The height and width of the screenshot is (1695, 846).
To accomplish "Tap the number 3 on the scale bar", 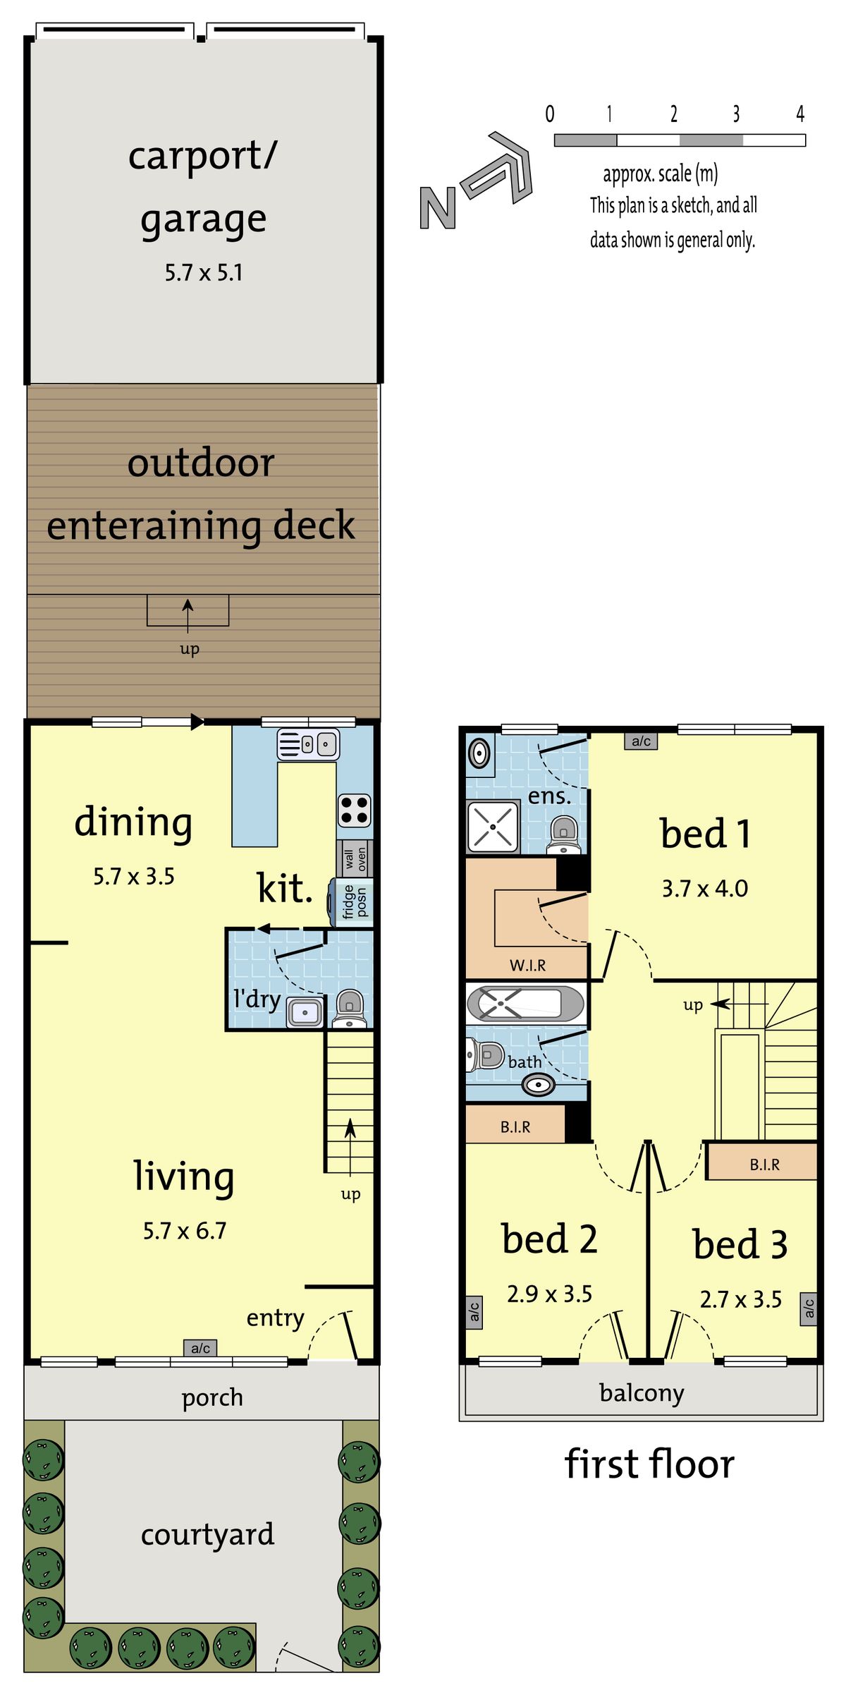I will [x=736, y=114].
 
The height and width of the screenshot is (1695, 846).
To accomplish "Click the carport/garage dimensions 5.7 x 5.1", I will [x=204, y=273].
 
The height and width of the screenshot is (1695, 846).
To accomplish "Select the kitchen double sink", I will [x=308, y=744].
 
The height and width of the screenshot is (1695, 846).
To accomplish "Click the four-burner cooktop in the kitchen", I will [x=354, y=810].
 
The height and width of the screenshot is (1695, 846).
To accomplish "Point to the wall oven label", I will [x=355, y=858].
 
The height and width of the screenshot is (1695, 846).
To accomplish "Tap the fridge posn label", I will [x=355, y=902].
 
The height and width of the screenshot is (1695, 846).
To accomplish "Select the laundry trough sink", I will [x=305, y=1012].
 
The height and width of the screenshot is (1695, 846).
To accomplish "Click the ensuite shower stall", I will [x=493, y=826].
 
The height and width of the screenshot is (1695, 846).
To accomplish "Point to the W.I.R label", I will [x=527, y=965].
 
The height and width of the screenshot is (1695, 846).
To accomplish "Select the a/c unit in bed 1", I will [x=641, y=741].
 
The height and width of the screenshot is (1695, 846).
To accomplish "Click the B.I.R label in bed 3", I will [x=764, y=1165].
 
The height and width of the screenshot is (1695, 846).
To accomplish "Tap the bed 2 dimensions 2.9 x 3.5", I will [x=549, y=1294].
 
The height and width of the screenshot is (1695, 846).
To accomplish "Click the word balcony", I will [x=641, y=1392].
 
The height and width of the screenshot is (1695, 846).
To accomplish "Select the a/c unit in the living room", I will [x=200, y=1348].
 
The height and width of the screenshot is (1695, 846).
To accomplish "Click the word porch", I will [x=212, y=1397].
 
